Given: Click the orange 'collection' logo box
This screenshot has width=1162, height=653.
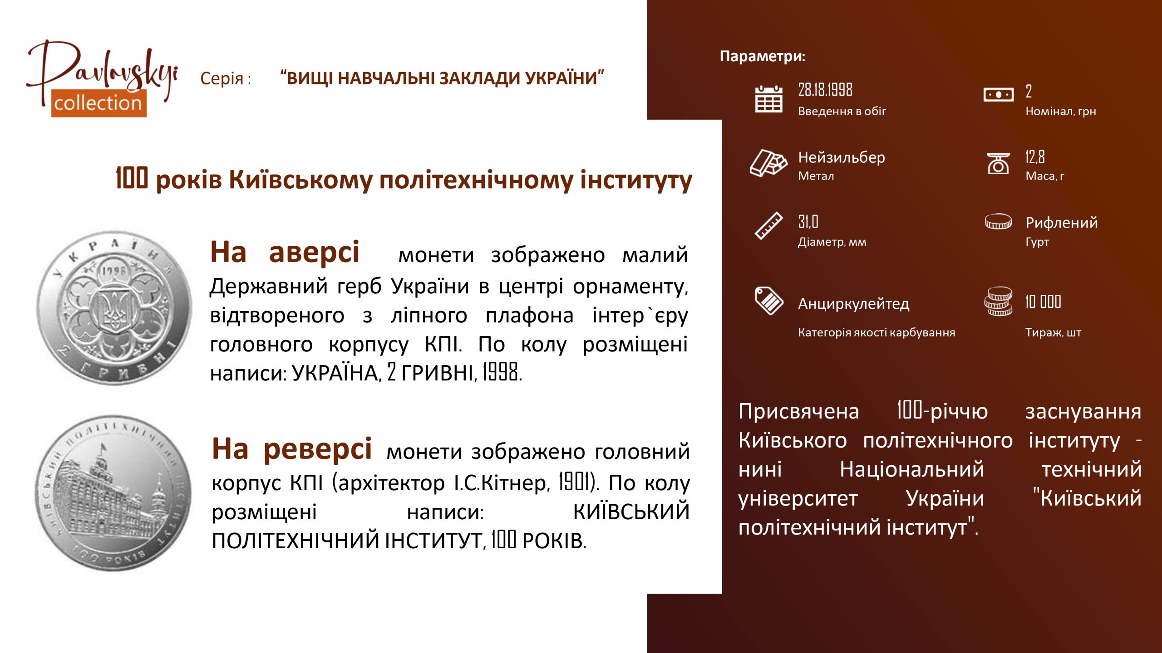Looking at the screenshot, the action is (98, 103).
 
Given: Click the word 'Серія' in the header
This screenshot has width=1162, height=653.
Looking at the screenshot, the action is (222, 78).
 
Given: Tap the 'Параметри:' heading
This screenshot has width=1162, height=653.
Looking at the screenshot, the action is (763, 56).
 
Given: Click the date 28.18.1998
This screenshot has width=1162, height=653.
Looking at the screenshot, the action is (825, 90).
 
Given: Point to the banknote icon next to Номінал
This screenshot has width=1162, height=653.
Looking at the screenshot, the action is (998, 95).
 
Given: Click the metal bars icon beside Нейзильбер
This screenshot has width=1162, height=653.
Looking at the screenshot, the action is (768, 163).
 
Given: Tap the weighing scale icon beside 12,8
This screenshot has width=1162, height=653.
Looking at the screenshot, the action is (998, 163).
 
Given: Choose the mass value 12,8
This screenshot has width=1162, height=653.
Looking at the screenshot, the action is (1035, 157).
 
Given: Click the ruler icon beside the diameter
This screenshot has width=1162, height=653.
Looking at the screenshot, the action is (768, 225).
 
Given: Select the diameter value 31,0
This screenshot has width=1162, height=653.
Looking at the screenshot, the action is (808, 222).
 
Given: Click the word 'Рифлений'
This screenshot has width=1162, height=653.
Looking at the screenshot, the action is (1062, 223).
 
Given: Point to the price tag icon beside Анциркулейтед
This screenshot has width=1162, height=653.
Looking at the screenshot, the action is (768, 300).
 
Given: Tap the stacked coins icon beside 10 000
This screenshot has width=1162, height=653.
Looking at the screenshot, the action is (998, 301).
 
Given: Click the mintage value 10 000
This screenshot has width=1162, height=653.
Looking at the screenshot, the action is (1043, 302).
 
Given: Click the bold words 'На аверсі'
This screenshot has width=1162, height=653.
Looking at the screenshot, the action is (285, 252).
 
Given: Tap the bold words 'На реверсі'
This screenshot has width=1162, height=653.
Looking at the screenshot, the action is (292, 449).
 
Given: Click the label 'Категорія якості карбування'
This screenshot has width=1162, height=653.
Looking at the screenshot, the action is (876, 332).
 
